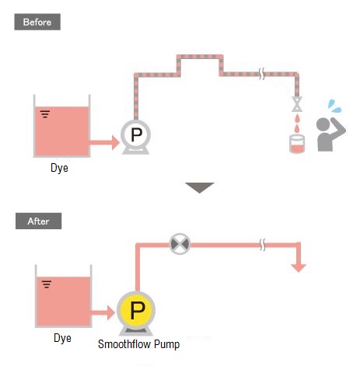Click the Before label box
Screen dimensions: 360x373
tap(37, 22)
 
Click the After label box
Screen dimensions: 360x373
tap(38, 221)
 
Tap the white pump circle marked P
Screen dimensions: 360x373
tap(135, 134)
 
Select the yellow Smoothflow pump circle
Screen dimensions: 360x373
tap(136, 310)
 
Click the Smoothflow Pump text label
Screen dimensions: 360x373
tap(138, 344)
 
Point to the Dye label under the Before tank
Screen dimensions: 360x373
tap(59, 168)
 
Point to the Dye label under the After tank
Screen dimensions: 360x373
tap(62, 338)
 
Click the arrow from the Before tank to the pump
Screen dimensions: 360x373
tap(104, 142)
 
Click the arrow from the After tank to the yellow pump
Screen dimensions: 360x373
tap(103, 312)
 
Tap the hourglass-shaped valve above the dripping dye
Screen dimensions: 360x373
tap(297, 104)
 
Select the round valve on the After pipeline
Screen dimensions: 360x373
tap(180, 244)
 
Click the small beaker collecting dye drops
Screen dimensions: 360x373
tap(297, 144)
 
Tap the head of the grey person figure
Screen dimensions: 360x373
tap(323, 124)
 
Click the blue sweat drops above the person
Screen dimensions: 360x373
tap(334, 106)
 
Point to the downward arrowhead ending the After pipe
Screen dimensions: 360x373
tap(299, 268)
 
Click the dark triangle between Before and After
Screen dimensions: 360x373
tap(200, 187)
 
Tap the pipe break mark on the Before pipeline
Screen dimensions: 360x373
tap(262, 74)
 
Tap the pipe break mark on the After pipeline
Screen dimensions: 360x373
tap(263, 245)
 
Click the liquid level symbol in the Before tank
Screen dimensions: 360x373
tap(45, 114)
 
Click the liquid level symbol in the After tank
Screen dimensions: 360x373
tap(47, 284)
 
